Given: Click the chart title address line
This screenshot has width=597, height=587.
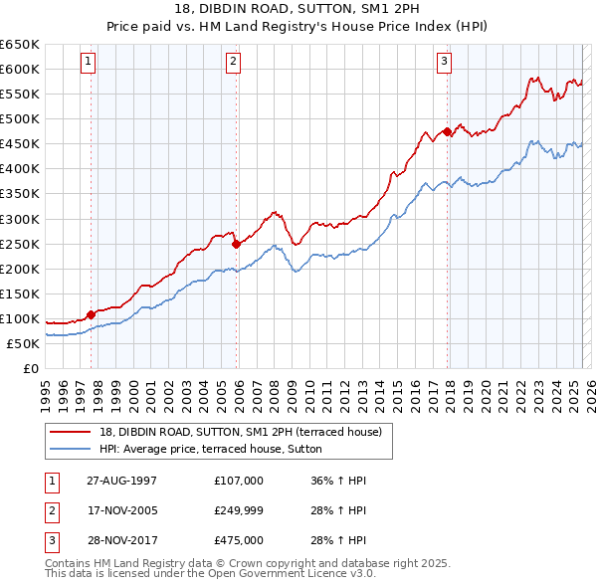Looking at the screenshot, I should [298, 10].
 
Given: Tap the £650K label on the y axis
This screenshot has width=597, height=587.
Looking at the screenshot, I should [19, 45].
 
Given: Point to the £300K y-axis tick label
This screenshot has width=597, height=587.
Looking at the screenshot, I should [19, 219].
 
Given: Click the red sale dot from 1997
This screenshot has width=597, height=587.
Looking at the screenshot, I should [92, 314].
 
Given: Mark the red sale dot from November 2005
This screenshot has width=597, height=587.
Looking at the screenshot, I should [236, 243].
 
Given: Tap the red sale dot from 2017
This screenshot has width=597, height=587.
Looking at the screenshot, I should [448, 130].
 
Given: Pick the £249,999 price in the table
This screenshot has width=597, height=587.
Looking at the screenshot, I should [239, 510].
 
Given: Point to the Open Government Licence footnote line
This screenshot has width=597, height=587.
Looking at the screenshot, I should [211, 574].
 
